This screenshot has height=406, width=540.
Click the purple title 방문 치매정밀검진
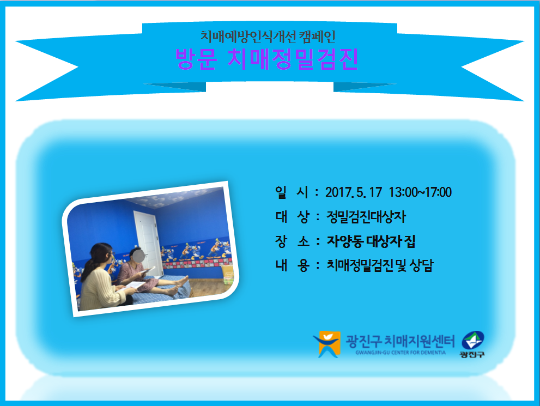(267, 59)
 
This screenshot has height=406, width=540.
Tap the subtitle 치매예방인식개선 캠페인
(268, 37)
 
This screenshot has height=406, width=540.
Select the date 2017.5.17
(354, 192)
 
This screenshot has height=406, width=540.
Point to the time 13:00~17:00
(420, 192)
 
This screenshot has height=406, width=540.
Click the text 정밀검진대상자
(366, 217)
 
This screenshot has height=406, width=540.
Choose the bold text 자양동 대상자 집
(371, 241)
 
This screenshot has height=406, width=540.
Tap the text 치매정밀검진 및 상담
(380, 265)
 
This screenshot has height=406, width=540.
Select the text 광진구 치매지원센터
(400, 341)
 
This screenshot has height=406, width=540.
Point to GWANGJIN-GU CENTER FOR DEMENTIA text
(401, 353)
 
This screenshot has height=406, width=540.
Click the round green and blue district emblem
(473, 340)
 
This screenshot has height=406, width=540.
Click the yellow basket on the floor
(227, 275)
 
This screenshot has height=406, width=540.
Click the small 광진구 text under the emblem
(472, 354)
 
